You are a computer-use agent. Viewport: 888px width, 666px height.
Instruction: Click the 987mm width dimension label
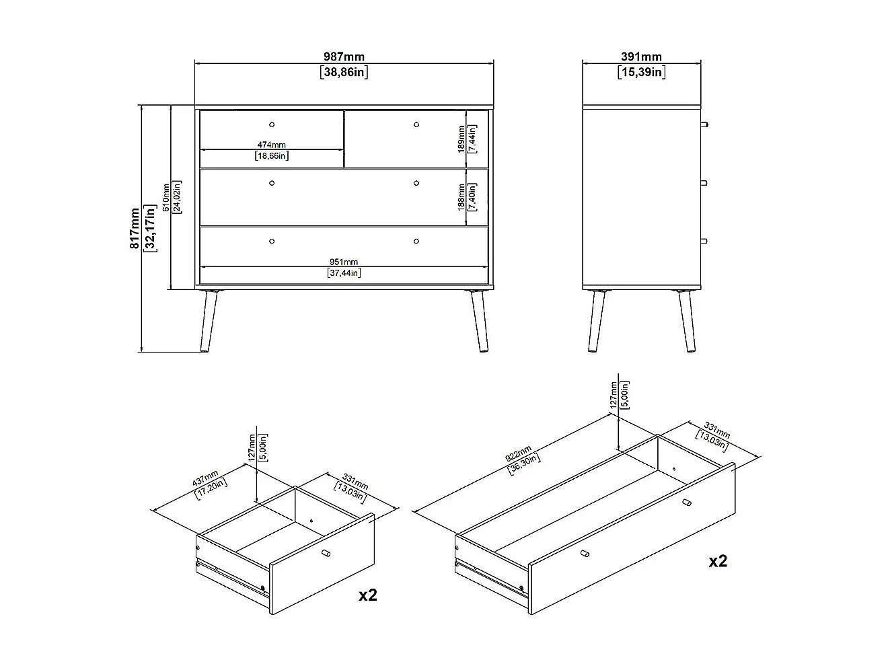[x=344, y=57]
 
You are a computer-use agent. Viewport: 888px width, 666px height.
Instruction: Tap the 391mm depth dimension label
[x=641, y=57]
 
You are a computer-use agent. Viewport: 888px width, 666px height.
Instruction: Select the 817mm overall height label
[x=135, y=228]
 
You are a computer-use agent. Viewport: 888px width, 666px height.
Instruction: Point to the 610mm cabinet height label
[x=166, y=197]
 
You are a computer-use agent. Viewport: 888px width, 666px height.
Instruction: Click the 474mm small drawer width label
[x=272, y=145]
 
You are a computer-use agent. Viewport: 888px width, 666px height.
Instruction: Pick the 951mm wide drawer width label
[x=344, y=262]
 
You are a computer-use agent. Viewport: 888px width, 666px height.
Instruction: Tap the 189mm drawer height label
[x=461, y=139]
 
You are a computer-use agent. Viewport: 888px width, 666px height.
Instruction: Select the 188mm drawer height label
[x=461, y=197]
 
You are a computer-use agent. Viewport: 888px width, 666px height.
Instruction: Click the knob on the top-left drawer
[x=272, y=124]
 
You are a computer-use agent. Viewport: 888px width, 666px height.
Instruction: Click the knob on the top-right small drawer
[x=416, y=124]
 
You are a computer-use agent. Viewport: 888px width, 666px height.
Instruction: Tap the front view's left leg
[x=209, y=321]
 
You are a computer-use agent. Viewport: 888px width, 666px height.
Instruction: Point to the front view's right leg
[x=480, y=321]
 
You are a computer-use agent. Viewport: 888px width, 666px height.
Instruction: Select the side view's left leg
[x=597, y=321]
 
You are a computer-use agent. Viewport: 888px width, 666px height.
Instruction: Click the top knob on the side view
[x=704, y=124]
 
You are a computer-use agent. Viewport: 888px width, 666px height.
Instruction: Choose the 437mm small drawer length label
[x=205, y=478]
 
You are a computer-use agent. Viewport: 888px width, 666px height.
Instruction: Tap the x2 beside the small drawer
[x=368, y=595]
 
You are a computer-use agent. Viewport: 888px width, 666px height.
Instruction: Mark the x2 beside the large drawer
[x=718, y=561]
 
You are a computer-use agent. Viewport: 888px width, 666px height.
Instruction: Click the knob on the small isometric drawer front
[x=326, y=553]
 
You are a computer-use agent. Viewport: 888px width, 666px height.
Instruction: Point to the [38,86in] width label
[x=344, y=73]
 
